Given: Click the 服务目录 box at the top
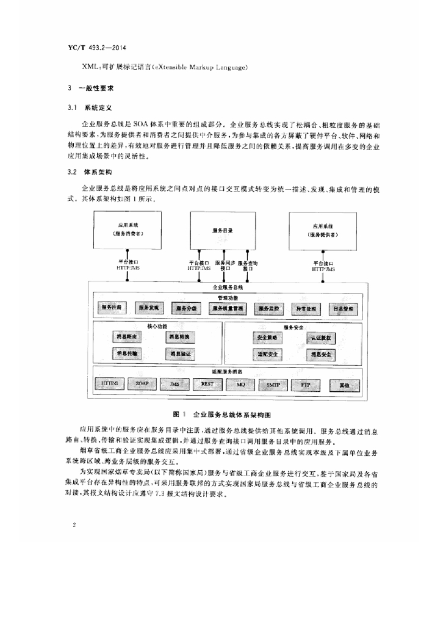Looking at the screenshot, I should [x=223, y=230].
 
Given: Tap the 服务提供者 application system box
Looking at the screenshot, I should [x=322, y=230].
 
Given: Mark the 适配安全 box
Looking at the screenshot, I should [x=267, y=353].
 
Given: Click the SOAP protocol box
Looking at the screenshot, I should [x=142, y=384].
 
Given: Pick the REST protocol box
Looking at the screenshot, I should [x=207, y=384].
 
